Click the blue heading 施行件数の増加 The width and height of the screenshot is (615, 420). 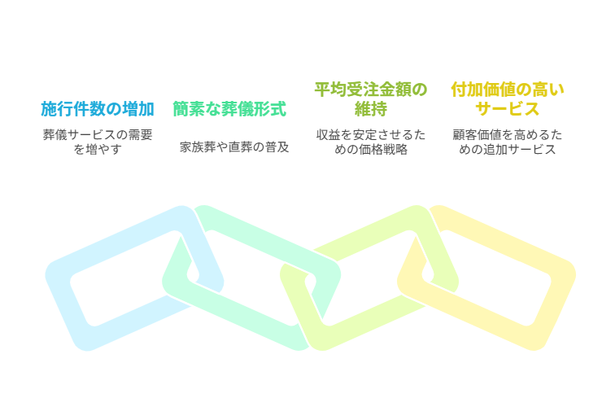tap(98, 108)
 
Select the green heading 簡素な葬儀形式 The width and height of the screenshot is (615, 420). tap(229, 108)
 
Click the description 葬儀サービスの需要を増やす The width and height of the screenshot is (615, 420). tap(98, 142)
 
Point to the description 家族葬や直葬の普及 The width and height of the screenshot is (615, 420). tap(234, 147)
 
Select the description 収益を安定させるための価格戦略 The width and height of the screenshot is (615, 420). tap(371, 142)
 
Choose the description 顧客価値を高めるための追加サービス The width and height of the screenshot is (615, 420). tap(508, 142)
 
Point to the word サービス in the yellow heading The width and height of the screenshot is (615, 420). tap(508, 108)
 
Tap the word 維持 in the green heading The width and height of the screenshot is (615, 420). tap(370, 108)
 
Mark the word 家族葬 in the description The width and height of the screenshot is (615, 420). tap(197, 147)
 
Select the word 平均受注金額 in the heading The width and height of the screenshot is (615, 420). tap(358, 90)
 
